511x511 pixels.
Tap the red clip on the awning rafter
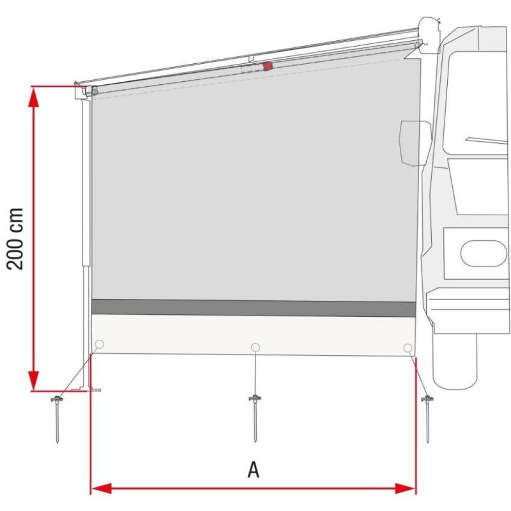point(268,66)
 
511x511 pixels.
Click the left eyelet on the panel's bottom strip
point(99,345)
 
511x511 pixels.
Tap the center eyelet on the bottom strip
point(256,347)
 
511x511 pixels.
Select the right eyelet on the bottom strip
point(408,347)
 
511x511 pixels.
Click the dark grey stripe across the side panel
point(254,308)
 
